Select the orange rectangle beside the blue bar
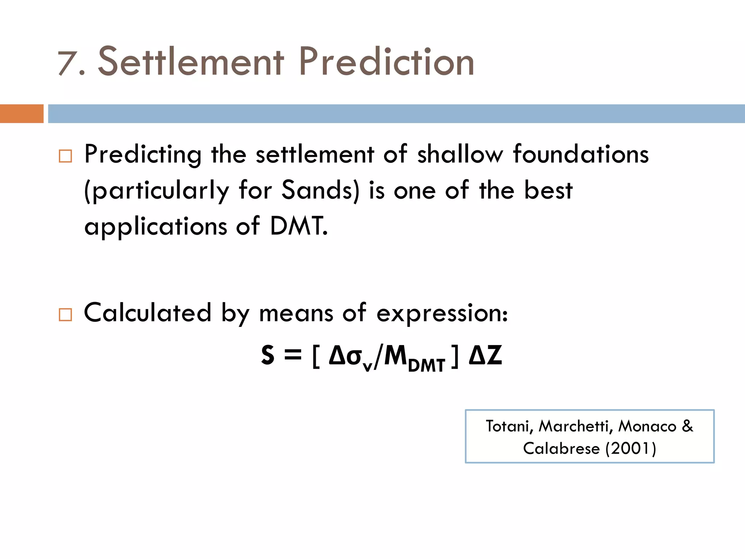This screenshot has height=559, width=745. [21, 114]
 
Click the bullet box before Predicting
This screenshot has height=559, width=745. [65, 156]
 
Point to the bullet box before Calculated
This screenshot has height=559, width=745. [65, 314]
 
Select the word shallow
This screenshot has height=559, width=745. [460, 154]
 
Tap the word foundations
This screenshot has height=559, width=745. [581, 154]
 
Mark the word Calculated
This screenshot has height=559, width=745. [147, 313]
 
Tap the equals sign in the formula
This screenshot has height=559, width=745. [293, 354]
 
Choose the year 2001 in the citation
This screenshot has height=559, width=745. [631, 448]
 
